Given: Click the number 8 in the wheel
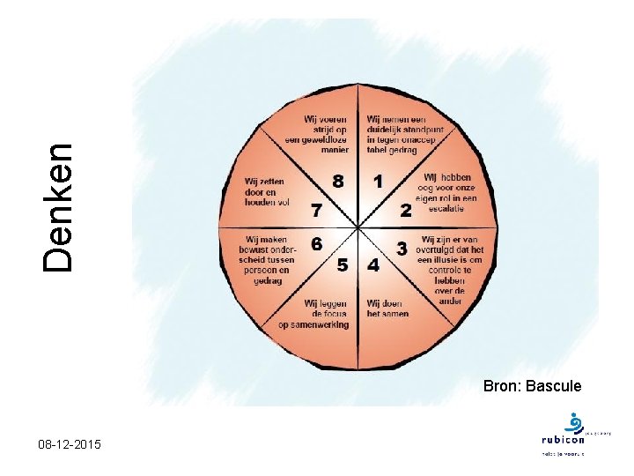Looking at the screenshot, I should point(338,181).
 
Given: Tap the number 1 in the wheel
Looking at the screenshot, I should point(379,182).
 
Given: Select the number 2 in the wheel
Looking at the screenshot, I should point(406,211).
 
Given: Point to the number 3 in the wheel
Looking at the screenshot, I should point(402,249).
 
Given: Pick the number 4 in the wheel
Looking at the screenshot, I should point(373,264).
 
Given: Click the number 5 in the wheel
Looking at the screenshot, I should point(343,264).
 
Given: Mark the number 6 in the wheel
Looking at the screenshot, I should point(316,242).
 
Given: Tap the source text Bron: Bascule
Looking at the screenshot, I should point(532,385).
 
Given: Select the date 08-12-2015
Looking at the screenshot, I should point(70,446).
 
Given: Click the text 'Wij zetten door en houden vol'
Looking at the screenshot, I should point(267,192).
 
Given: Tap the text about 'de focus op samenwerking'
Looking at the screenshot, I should point(313,314).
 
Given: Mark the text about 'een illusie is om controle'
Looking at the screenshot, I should point(450,264).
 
